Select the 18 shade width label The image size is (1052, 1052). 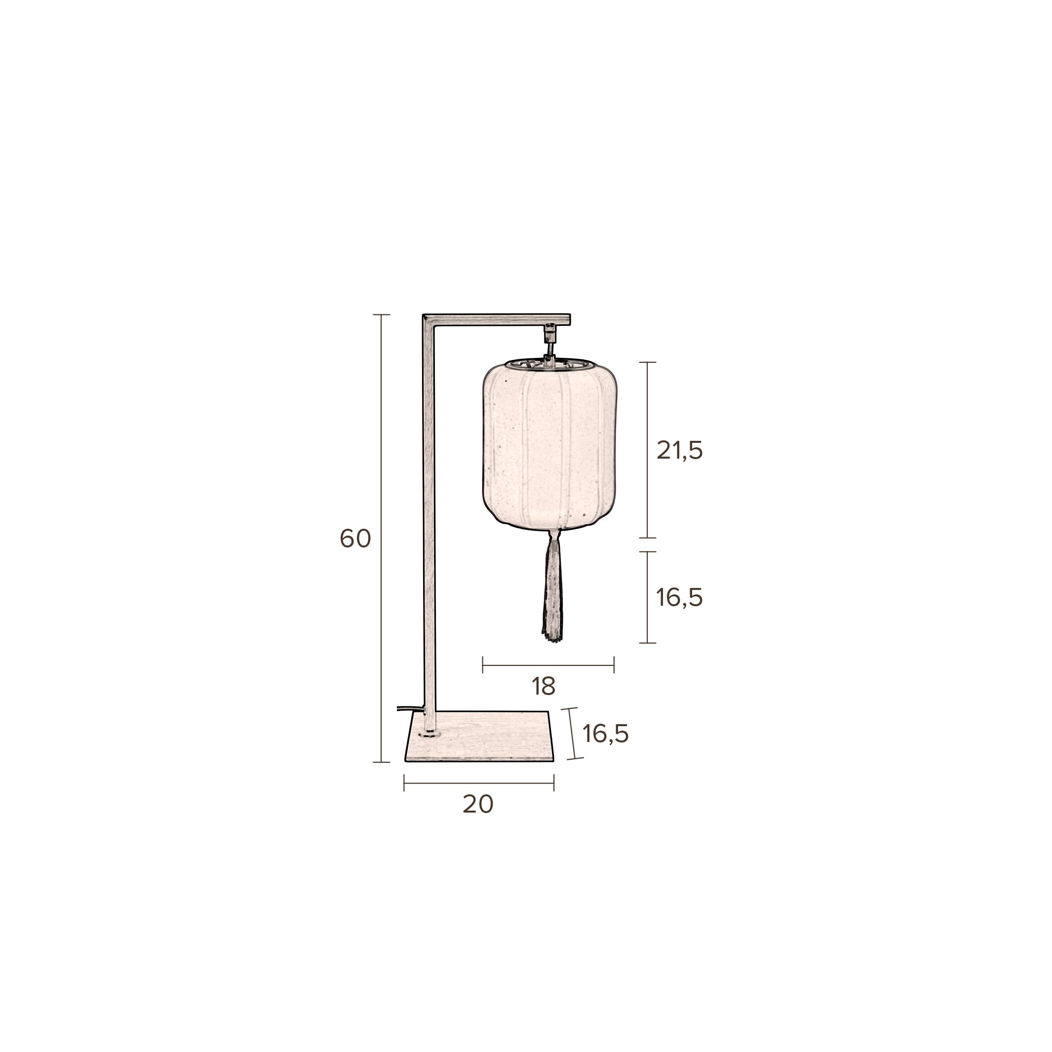[x=544, y=687]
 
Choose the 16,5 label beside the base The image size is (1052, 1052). [x=606, y=734]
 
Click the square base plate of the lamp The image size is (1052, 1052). [x=479, y=736]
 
